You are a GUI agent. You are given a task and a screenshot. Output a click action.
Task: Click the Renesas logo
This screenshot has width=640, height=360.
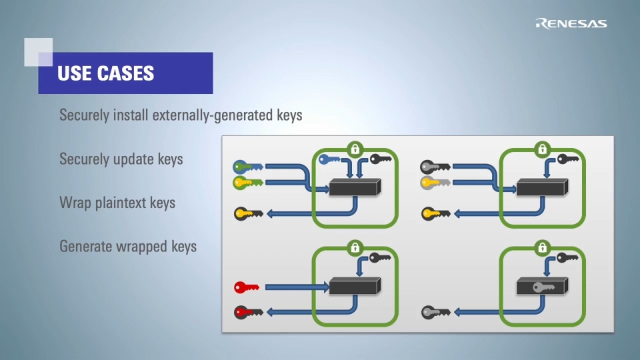(x=571, y=24)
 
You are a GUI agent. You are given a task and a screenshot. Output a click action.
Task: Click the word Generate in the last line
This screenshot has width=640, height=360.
(x=85, y=247)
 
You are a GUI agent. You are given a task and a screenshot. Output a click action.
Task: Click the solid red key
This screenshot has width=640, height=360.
(x=247, y=287)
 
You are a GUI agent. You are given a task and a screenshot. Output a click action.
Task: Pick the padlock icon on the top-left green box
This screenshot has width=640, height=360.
(x=355, y=148)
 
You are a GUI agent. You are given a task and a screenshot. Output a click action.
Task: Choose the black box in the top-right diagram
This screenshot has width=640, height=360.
(x=543, y=187)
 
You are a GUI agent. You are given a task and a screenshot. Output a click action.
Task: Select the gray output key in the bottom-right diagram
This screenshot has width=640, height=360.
(x=435, y=311)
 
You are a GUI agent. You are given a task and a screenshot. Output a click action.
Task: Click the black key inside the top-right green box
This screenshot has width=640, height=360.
(x=567, y=159)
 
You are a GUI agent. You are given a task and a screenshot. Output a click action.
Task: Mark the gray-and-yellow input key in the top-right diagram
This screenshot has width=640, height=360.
(x=435, y=182)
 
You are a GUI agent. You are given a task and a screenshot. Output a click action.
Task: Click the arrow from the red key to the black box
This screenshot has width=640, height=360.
(x=296, y=287)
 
